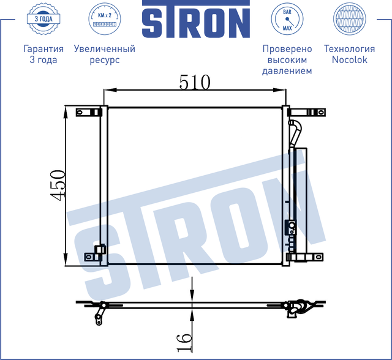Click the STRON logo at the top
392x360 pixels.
point(195,22)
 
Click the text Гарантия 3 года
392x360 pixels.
point(43,54)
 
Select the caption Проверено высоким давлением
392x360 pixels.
point(287,60)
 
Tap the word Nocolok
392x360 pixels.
point(349,60)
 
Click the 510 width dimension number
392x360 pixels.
point(194,81)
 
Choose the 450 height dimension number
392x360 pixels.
point(58,184)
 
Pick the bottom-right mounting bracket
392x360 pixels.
point(306,257)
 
